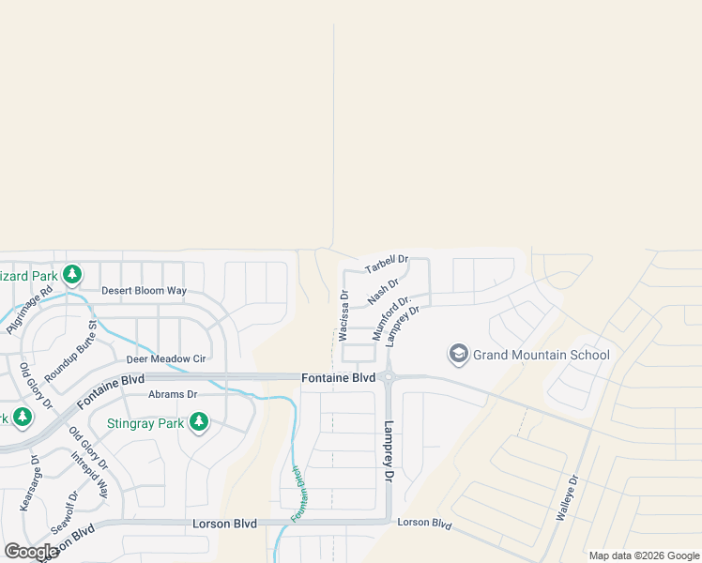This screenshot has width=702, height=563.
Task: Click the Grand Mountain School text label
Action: click(x=542, y=355)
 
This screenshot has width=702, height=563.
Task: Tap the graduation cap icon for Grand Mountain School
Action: click(x=459, y=354)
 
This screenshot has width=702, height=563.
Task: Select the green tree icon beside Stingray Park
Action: click(x=198, y=423)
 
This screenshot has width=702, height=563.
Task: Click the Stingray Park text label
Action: click(x=145, y=423)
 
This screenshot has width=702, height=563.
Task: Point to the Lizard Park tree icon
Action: click(x=71, y=275)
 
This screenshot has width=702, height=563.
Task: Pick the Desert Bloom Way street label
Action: click(x=144, y=291)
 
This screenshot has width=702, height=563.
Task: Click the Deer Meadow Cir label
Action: click(x=166, y=358)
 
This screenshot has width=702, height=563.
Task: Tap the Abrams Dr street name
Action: click(x=173, y=394)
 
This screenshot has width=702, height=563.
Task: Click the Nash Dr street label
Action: click(x=383, y=291)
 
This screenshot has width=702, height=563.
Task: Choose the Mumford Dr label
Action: click(x=391, y=319)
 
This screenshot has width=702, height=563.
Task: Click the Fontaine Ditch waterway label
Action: click(x=298, y=495)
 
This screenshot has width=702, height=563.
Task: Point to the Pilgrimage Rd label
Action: click(x=30, y=312)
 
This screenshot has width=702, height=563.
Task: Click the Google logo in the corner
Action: click(x=31, y=551)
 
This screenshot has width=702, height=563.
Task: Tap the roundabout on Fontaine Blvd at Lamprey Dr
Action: click(x=388, y=378)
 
